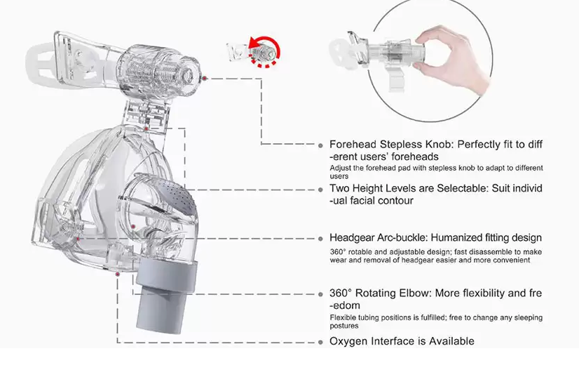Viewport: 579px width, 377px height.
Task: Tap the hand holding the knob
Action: (454, 59)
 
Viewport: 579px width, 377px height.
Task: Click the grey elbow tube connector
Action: (164, 296)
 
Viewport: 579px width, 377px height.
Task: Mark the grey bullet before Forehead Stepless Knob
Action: (320, 145)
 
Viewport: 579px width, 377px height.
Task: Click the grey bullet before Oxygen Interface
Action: (320, 342)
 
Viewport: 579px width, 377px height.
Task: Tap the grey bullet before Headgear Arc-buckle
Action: (320, 239)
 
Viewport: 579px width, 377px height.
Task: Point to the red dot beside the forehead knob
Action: (205, 79)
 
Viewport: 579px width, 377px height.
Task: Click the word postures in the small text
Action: (344, 326)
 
